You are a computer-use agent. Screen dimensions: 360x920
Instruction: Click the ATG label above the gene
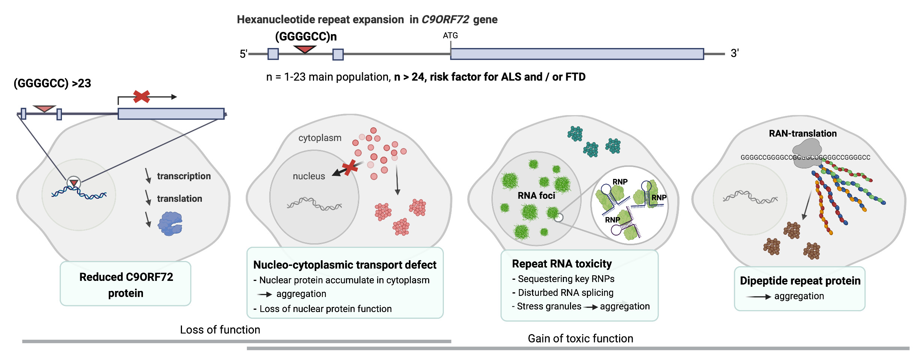point(450,36)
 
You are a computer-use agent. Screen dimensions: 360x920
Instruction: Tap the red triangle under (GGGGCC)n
point(305,49)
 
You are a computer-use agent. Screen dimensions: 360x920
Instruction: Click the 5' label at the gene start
point(244,54)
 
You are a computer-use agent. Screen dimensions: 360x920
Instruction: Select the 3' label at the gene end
point(734,53)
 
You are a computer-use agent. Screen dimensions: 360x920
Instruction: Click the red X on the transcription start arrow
point(141,96)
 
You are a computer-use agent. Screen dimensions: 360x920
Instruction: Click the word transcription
point(183,176)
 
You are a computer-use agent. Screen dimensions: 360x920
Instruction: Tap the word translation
point(179,199)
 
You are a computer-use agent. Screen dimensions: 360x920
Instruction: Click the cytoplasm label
point(320,138)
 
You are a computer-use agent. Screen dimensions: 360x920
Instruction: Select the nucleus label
point(309,176)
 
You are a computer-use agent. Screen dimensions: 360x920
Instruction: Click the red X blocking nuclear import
point(350,168)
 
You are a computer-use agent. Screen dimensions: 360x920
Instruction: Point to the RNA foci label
point(536,195)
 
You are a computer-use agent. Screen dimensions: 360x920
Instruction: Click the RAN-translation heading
point(803,133)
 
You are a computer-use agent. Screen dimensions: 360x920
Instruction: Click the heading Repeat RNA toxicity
point(562,264)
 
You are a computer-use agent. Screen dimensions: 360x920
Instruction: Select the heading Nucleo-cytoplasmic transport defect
point(344,265)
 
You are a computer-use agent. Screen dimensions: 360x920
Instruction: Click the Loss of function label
point(220,330)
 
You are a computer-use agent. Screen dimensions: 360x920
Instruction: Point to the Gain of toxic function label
point(580,339)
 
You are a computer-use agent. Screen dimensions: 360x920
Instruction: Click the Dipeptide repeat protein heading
point(800,281)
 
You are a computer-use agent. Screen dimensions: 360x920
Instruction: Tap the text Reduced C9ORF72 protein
point(126,285)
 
